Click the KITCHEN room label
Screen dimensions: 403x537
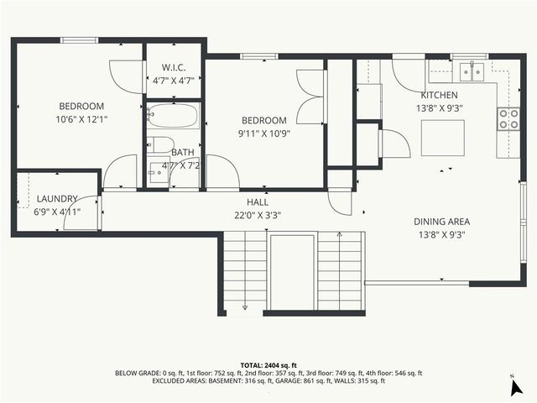coord(439,95)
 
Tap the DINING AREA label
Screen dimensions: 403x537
coord(441,222)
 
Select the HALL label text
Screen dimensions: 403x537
coord(258,202)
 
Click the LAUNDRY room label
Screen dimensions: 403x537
coord(57,199)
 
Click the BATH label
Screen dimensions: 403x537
coord(183,152)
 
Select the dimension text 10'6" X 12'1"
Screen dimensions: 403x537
coord(81,119)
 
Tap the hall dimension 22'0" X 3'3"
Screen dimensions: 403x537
coord(258,215)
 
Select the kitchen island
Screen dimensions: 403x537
coord(442,139)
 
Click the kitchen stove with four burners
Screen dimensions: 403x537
coord(508,119)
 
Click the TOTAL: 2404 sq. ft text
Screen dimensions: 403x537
coord(268,365)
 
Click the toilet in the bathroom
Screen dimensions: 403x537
coord(163,144)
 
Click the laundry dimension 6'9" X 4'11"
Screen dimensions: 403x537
coord(57,212)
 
